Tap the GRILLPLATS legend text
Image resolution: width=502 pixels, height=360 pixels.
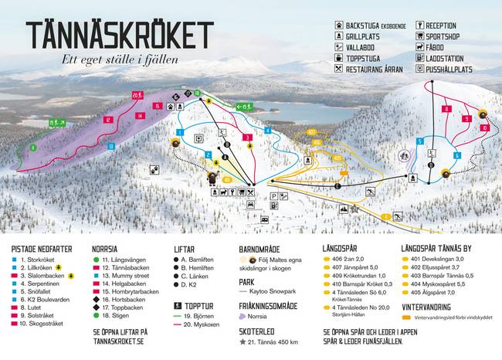tap(368, 36)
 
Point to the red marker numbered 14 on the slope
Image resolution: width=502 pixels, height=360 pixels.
tap(140, 116)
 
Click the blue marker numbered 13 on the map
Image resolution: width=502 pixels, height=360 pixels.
tap(110, 145)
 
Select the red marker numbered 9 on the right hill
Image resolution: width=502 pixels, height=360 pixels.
tap(467, 119)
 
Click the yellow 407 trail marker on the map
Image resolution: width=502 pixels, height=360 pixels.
tap(314, 132)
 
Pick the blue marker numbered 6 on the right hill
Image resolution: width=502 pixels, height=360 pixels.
tap(457, 155)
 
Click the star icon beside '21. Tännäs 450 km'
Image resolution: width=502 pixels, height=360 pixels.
tap(243, 341)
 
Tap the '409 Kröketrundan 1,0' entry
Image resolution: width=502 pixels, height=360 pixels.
tap(354, 276)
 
